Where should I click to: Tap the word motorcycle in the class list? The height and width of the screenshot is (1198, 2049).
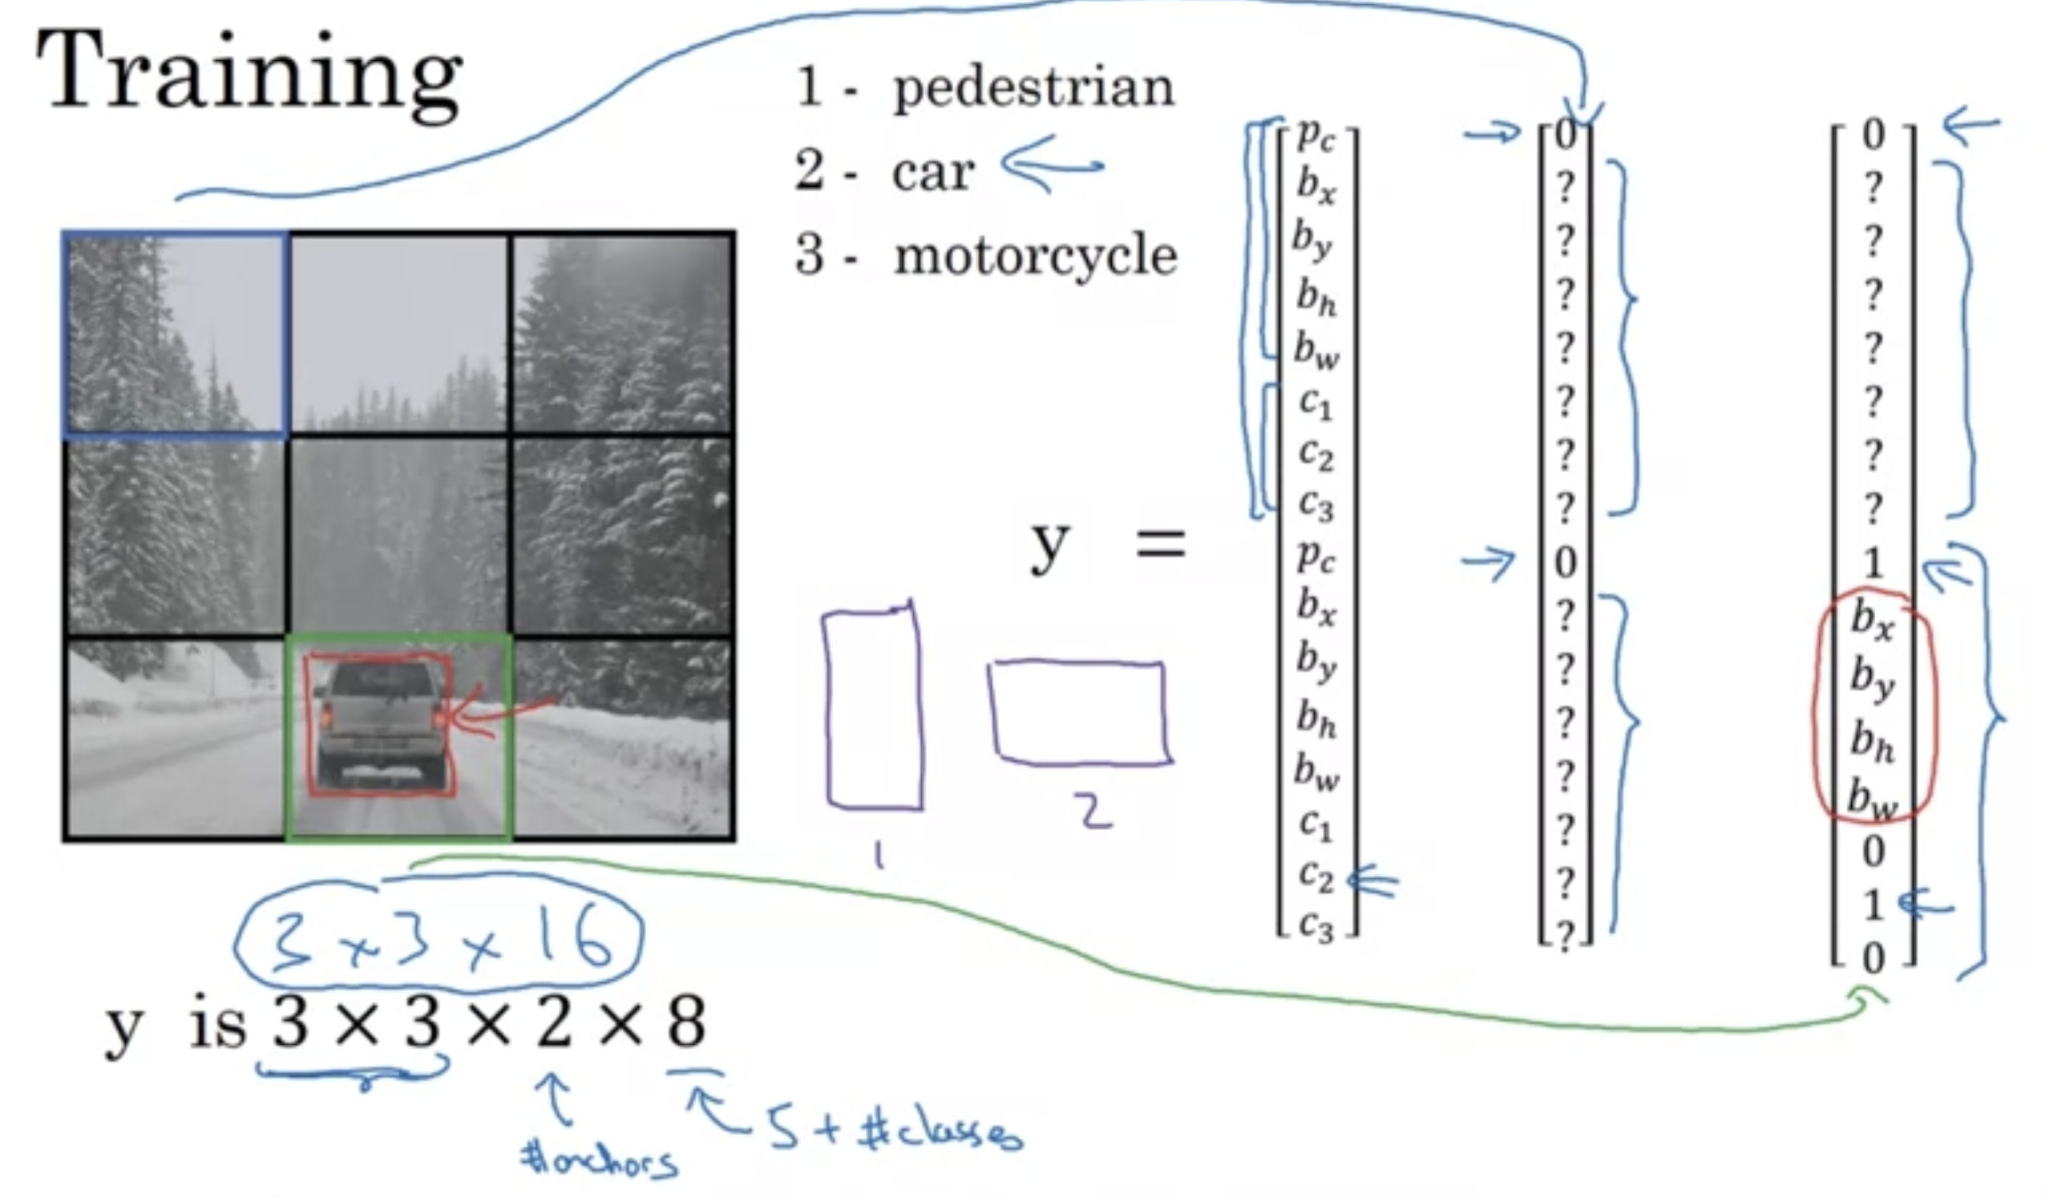coord(1035,255)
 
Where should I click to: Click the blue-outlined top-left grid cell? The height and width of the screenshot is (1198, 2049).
coord(175,334)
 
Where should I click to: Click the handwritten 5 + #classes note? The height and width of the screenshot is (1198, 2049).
coord(895,1131)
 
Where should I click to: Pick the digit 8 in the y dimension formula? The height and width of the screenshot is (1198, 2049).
coord(685,1023)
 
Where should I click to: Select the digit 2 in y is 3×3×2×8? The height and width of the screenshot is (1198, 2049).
coord(554,1023)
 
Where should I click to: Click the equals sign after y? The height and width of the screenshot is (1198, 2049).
coord(1160,544)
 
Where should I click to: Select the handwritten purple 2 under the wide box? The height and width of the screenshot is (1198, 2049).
coord(1095,811)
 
